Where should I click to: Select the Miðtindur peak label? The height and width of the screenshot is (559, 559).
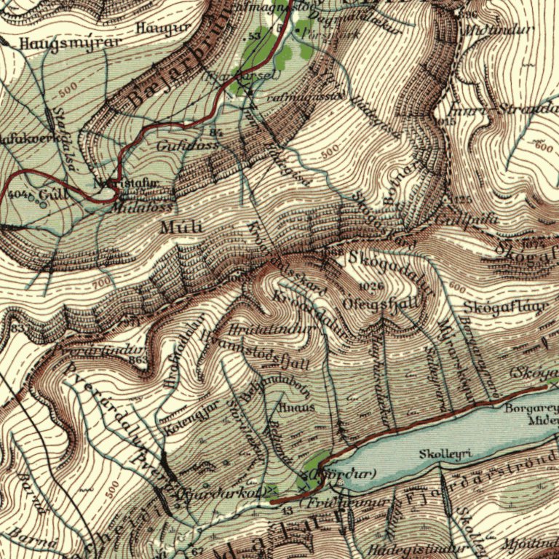(498, 31)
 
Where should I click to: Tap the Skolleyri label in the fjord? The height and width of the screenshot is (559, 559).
(446, 454)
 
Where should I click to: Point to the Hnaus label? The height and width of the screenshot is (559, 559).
(301, 408)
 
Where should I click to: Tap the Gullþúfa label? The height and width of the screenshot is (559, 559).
(457, 217)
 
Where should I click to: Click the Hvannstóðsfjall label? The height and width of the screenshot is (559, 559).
(259, 350)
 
